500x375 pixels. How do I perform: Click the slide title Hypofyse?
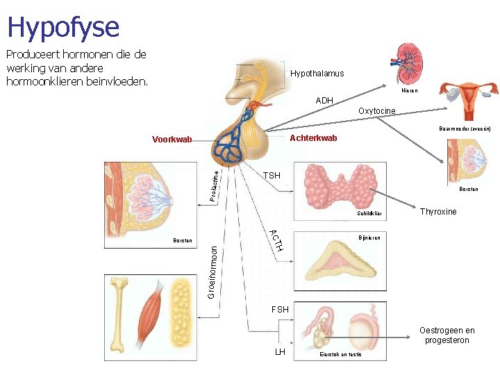(63, 27)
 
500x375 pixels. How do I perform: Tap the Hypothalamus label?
(317, 74)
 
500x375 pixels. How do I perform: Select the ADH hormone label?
(324, 101)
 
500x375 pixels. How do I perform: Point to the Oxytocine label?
(376, 111)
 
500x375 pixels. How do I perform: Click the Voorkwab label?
(172, 140)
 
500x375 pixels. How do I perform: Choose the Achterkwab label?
(313, 138)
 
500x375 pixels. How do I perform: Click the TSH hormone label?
(272, 176)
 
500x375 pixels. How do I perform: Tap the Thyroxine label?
(438, 212)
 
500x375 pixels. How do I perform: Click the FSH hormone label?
(280, 308)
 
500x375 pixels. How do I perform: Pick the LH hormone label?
(280, 351)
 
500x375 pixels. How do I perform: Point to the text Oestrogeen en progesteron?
(447, 335)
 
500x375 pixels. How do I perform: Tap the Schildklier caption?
(370, 214)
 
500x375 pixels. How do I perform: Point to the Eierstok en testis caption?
(340, 354)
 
